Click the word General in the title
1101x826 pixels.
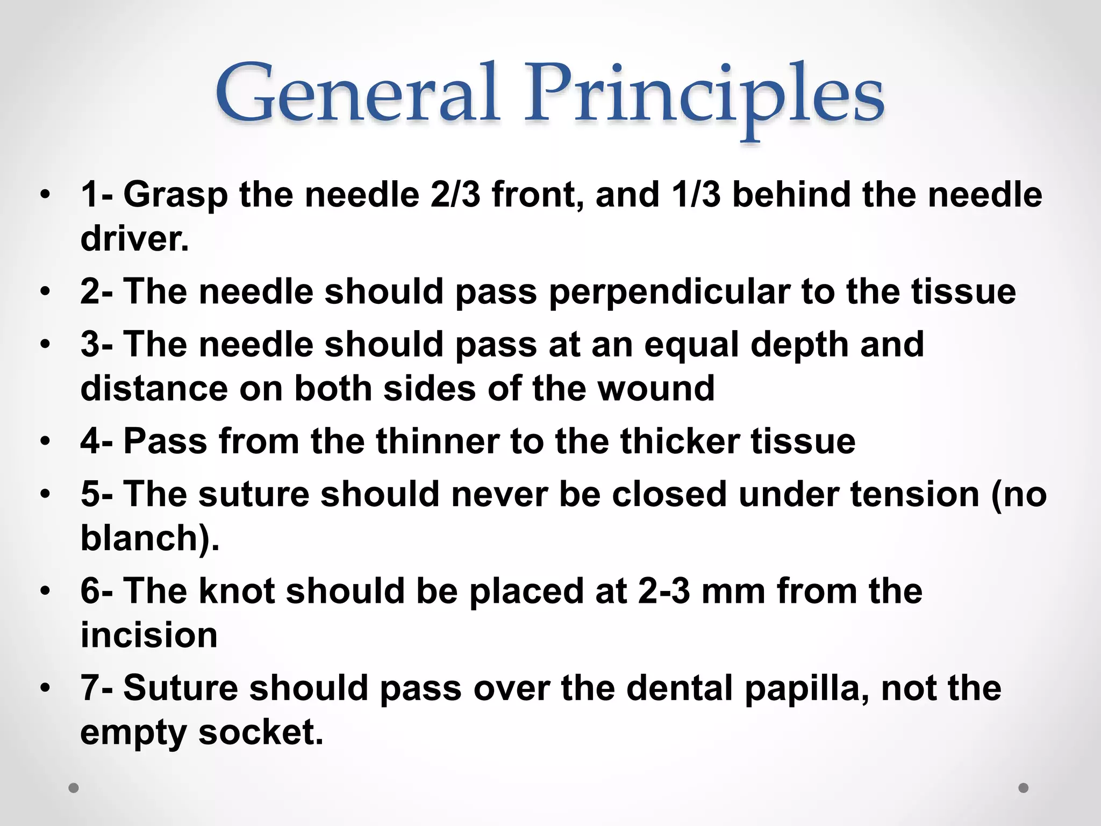[x=358, y=94]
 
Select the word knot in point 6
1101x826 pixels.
[x=237, y=591]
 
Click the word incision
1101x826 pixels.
[x=149, y=635]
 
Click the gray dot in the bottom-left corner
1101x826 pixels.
[x=74, y=788]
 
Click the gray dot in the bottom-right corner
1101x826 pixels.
[x=1024, y=788]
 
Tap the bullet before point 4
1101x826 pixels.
[x=46, y=442]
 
